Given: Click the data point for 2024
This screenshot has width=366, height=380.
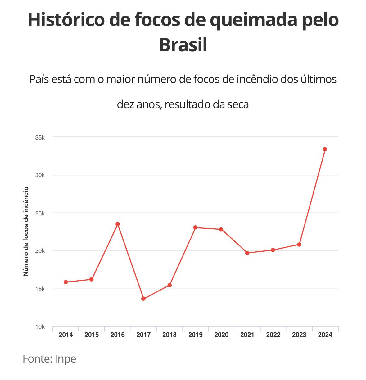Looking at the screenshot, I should click(325, 149).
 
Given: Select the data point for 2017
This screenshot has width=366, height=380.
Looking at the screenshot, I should click(143, 299).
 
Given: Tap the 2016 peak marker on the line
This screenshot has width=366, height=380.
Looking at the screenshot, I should click(118, 224).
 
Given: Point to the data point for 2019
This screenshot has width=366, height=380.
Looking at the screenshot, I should click(195, 227).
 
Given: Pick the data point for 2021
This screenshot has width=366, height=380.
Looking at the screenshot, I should click(247, 253).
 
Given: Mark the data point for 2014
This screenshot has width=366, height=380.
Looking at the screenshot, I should click(66, 282).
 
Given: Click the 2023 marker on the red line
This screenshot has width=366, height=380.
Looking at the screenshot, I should click(299, 245).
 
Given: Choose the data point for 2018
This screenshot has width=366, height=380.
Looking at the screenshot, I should click(169, 285).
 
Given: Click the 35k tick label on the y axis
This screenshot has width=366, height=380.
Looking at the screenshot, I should click(40, 137).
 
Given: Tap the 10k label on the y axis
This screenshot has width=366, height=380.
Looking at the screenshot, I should click(40, 327).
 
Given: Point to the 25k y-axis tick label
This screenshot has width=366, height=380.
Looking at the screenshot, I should click(40, 213).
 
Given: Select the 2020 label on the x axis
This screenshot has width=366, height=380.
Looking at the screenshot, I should click(221, 335).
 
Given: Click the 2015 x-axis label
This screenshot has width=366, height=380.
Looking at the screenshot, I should click(92, 335).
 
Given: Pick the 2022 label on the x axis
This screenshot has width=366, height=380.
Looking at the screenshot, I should click(273, 335).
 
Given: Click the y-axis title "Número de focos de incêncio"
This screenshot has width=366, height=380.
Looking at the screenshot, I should click(26, 231).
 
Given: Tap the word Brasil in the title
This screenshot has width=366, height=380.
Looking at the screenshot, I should click(183, 45).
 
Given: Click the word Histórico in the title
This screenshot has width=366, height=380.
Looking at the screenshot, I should click(65, 20).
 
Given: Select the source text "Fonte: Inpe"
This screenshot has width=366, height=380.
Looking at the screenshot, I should click(49, 359).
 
